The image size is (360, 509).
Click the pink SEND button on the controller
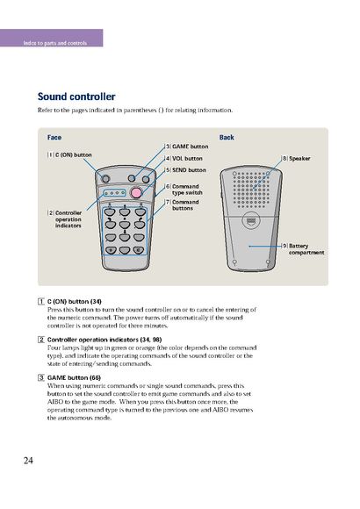point(136,193)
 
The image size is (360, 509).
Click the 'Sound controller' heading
point(76,97)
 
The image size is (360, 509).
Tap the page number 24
point(28,460)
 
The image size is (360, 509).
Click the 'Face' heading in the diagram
point(54,137)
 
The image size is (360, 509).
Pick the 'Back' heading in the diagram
point(227,137)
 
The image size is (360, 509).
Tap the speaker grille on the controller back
point(251,190)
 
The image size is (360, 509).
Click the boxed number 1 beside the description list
point(41,302)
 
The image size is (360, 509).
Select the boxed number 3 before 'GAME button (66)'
point(41,377)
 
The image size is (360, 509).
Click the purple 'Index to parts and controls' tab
point(51,38)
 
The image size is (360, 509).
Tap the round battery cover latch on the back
point(251,221)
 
